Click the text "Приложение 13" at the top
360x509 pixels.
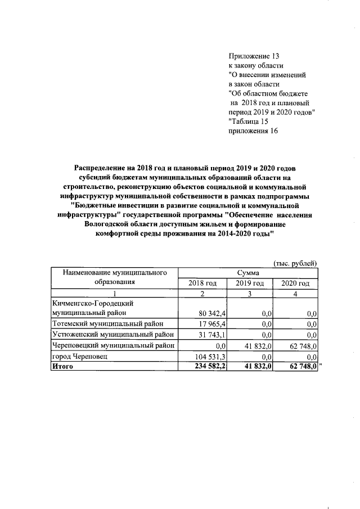(254, 57)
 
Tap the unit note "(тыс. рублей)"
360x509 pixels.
(295, 263)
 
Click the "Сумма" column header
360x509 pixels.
(248, 273)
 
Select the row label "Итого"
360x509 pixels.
(62, 367)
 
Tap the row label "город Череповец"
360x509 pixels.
(79, 357)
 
